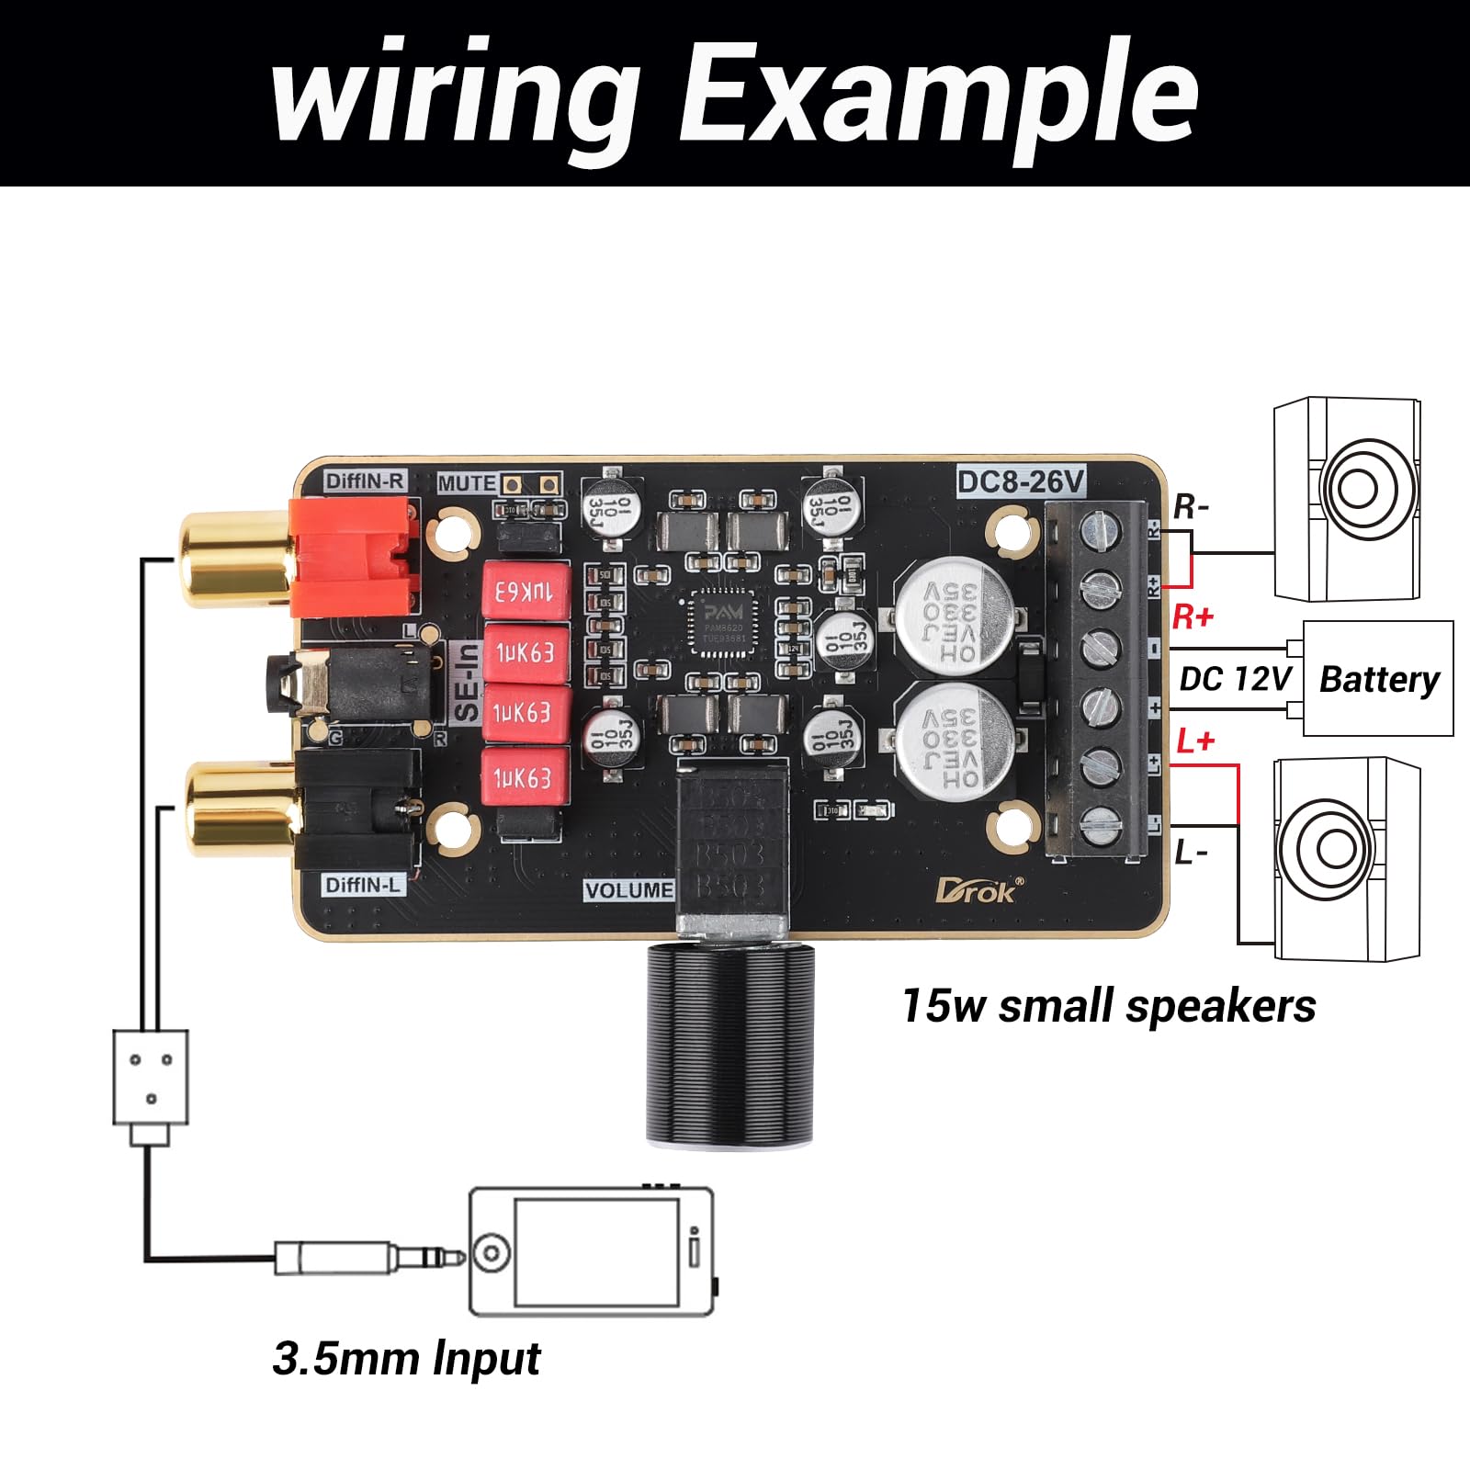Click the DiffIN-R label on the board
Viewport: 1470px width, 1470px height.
pyautogui.click(x=365, y=481)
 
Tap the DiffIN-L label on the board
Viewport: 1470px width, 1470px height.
pyautogui.click(x=364, y=885)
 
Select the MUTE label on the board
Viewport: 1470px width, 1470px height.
pyautogui.click(x=467, y=483)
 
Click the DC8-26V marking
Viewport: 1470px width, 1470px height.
pyautogui.click(x=1021, y=481)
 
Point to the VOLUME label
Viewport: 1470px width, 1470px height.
pyautogui.click(x=629, y=890)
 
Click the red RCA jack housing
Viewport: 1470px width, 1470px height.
pyautogui.click(x=354, y=558)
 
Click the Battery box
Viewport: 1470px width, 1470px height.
pyautogui.click(x=1378, y=679)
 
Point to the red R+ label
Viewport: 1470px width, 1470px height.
pyautogui.click(x=1193, y=616)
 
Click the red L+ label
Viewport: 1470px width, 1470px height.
pyautogui.click(x=1195, y=741)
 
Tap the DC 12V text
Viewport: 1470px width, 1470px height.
pyautogui.click(x=1235, y=679)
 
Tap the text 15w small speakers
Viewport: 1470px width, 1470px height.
pyautogui.click(x=1108, y=1005)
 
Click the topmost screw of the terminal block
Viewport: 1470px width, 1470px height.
pyautogui.click(x=1100, y=526)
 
